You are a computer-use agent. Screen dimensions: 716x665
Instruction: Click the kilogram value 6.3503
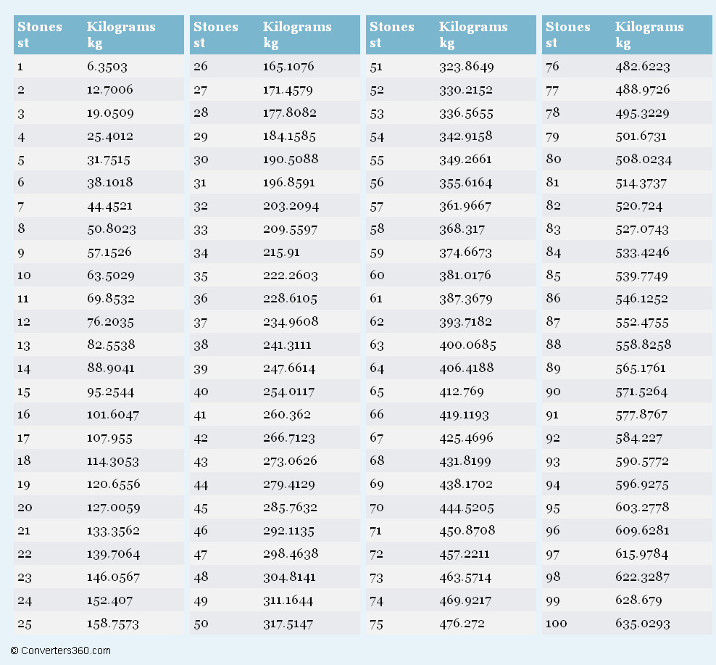(x=107, y=67)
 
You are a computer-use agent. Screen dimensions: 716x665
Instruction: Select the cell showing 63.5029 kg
(x=110, y=275)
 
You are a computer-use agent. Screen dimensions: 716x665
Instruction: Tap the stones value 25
(x=25, y=624)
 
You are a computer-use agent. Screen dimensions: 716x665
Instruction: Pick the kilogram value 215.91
(x=281, y=252)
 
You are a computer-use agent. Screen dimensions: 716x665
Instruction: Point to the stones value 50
(x=201, y=624)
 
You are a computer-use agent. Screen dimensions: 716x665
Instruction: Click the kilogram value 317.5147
(x=288, y=624)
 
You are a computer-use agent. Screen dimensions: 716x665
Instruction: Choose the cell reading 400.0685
(x=467, y=344)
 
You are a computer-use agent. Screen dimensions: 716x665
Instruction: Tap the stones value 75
(x=377, y=624)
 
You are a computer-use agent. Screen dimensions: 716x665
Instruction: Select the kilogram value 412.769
(x=461, y=391)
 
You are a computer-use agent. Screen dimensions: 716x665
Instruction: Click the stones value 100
(x=556, y=624)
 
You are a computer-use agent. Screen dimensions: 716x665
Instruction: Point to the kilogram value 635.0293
(x=643, y=624)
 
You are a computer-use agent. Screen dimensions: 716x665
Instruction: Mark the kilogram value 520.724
(x=639, y=206)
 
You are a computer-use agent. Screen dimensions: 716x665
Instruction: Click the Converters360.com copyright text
(x=60, y=650)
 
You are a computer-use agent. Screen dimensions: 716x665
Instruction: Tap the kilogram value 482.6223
(x=643, y=67)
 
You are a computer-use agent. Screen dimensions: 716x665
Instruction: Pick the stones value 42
(x=201, y=438)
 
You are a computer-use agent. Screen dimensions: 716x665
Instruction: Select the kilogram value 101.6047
(x=113, y=415)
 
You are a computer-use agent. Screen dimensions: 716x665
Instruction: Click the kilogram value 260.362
(x=287, y=415)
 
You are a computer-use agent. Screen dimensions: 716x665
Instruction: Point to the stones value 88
(x=553, y=344)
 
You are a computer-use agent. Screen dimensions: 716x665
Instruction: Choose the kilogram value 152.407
(x=109, y=600)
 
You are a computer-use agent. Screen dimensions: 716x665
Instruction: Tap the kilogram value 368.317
(x=462, y=229)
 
